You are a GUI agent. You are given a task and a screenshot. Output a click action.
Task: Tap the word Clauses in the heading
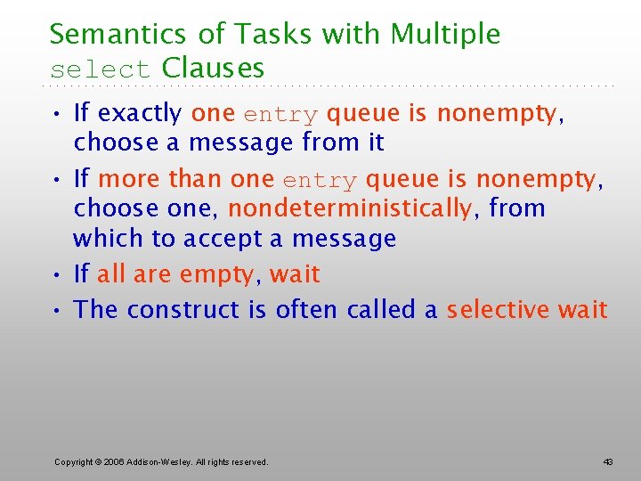pos(214,68)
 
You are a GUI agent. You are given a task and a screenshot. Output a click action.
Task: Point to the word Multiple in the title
pos(446,35)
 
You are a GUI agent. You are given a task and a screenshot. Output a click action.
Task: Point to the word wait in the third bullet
pos(295,274)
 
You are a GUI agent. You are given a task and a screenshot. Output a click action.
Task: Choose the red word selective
pos(499,310)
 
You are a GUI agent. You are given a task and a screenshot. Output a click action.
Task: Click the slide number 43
pos(608,462)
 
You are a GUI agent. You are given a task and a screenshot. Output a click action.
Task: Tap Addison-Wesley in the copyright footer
pos(165,462)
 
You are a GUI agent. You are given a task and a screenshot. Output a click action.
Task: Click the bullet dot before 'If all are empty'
pos(58,275)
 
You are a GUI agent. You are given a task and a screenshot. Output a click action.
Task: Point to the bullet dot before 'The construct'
pos(58,311)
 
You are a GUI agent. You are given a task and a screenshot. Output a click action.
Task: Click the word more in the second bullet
pos(130,179)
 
